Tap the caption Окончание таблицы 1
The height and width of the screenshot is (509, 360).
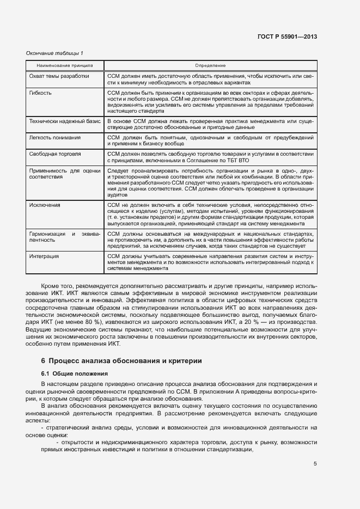(x=54, y=53)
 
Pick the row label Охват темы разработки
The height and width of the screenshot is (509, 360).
(x=59, y=76)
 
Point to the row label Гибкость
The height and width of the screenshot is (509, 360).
(x=40, y=93)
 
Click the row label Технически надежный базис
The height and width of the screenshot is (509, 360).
(x=63, y=121)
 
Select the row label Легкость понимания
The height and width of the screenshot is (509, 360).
(x=54, y=138)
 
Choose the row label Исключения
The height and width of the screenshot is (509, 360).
(x=45, y=205)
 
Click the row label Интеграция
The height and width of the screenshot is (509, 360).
(x=44, y=256)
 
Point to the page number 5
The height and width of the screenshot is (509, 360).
(x=315, y=464)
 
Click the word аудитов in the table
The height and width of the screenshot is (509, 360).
(x=117, y=194)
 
